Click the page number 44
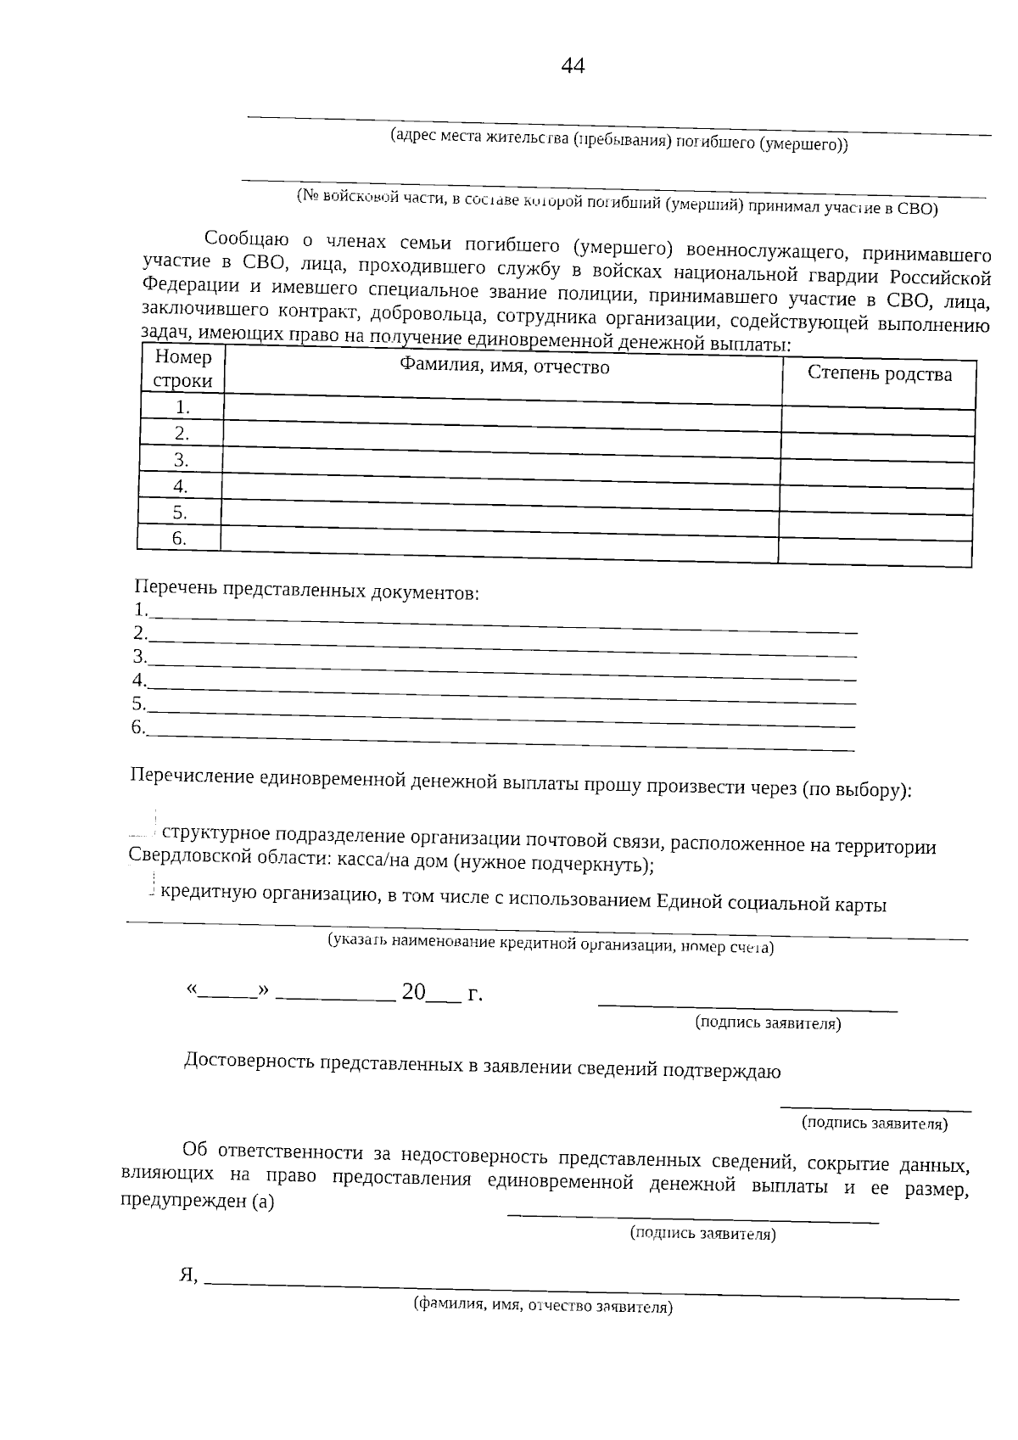point(573,66)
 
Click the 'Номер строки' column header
point(182,369)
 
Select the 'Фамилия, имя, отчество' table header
point(505,367)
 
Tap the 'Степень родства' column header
point(879,374)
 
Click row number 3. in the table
point(181,460)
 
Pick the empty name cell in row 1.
point(502,409)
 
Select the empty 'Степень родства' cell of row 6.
point(875,552)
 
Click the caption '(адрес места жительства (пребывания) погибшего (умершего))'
point(618,141)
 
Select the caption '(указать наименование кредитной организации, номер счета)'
point(551,944)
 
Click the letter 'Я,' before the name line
point(188,1275)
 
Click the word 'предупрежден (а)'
point(197,1202)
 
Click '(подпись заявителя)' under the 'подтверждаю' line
point(875,1123)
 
